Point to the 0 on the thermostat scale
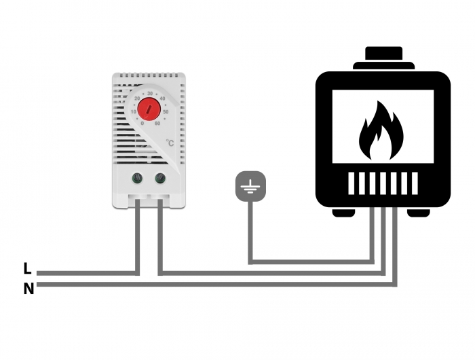point(141,123)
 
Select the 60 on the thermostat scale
point(157,123)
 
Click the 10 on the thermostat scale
point(134,111)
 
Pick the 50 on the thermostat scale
point(166,111)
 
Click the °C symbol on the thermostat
point(170,142)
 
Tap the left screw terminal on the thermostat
point(138,179)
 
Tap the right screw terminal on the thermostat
point(161,179)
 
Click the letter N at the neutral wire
point(28,289)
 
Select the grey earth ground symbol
point(250,187)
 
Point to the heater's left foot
point(343,213)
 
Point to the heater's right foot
point(419,213)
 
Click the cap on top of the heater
point(383,56)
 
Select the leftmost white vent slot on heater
point(353,183)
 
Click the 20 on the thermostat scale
point(138,98)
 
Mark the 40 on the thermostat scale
point(163,98)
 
